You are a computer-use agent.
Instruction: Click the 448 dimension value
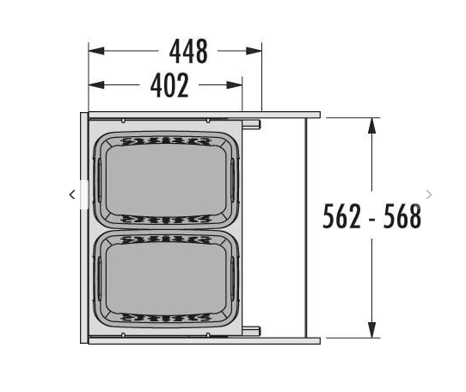pyautogui.click(x=188, y=51)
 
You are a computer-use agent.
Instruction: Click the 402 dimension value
pyautogui.click(x=169, y=85)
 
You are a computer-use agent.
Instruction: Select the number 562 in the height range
pyautogui.click(x=342, y=216)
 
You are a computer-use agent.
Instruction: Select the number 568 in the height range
pyautogui.click(x=402, y=216)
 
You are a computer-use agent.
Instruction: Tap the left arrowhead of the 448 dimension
pyautogui.click(x=96, y=51)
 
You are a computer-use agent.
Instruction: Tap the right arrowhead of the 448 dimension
pyautogui.click(x=254, y=51)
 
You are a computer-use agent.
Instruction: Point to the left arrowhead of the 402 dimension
pyautogui.click(x=96, y=85)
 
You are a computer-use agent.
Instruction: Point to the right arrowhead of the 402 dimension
pyautogui.click(x=234, y=85)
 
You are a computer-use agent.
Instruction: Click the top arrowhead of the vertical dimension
pyautogui.click(x=371, y=126)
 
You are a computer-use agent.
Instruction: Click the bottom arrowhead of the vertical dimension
pyautogui.click(x=371, y=330)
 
